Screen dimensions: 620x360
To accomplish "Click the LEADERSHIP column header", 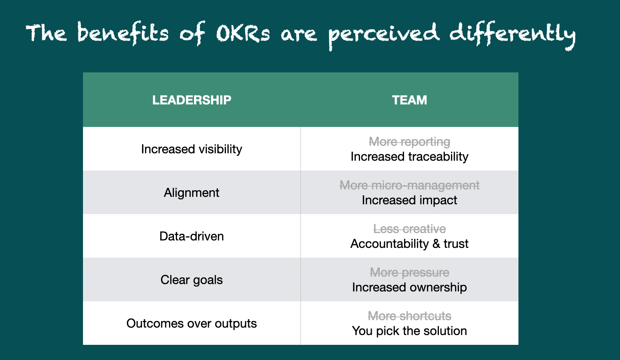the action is pyautogui.click(x=191, y=100).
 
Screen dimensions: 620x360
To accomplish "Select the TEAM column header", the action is pyautogui.click(x=409, y=100).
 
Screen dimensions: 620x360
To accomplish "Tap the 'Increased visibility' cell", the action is pyautogui.click(x=191, y=149).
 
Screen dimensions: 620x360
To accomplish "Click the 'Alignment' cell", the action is pyautogui.click(x=191, y=193).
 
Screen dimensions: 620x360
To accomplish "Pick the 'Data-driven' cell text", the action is pyautogui.click(x=191, y=236).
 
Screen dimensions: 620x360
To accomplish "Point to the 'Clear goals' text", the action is pyautogui.click(x=191, y=280).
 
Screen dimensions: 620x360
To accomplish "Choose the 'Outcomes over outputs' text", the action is pyautogui.click(x=191, y=324).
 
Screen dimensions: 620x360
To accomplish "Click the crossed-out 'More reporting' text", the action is pyautogui.click(x=409, y=142).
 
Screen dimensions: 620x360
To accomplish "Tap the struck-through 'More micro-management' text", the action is pyautogui.click(x=409, y=185).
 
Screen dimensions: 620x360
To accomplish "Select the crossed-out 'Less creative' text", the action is pyautogui.click(x=409, y=229).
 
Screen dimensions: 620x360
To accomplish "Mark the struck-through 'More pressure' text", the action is pyautogui.click(x=409, y=272).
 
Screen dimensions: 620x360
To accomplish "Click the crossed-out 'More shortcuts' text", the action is pyautogui.click(x=409, y=316).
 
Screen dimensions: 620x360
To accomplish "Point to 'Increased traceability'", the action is pyautogui.click(x=409, y=157).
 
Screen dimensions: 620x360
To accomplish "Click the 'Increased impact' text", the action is pyautogui.click(x=409, y=200).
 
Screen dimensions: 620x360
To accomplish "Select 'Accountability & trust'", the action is pyautogui.click(x=409, y=244).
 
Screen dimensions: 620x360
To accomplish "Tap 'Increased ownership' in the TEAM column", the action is pyautogui.click(x=409, y=287).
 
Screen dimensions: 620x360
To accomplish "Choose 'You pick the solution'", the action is pyautogui.click(x=409, y=331).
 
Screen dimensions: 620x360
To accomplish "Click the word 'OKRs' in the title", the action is pyautogui.click(x=243, y=34).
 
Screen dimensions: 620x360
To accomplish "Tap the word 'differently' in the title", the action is pyautogui.click(x=512, y=35).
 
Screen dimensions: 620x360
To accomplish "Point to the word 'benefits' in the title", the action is pyautogui.click(x=123, y=33).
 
